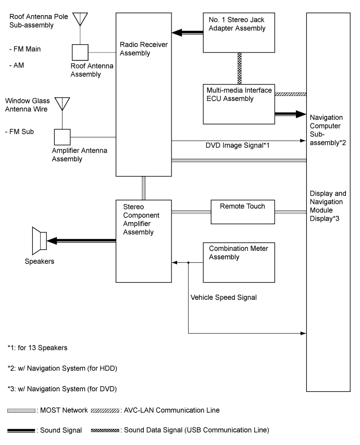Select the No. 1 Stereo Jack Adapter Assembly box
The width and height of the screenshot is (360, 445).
click(x=239, y=32)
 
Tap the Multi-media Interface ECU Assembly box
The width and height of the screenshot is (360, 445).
click(x=239, y=104)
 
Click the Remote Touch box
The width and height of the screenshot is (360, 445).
click(x=242, y=212)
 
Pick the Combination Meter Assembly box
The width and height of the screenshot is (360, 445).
click(x=238, y=263)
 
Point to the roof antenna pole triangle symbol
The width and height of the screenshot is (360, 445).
click(x=79, y=18)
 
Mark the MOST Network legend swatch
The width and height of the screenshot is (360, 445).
click(x=21, y=411)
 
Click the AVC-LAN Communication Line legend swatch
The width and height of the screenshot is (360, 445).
click(x=105, y=411)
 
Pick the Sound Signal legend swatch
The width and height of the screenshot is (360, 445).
click(x=21, y=430)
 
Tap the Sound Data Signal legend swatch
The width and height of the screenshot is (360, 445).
click(x=105, y=430)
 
